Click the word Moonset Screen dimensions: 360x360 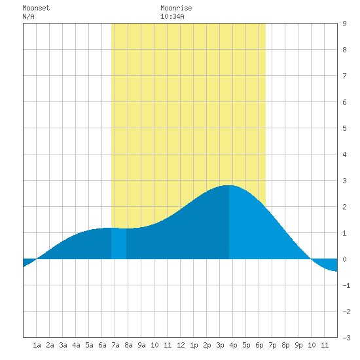click(x=36, y=9)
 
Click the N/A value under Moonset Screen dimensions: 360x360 click(x=28, y=17)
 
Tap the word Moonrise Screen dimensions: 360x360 click(x=176, y=9)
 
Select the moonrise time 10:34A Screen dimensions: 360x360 click(x=172, y=17)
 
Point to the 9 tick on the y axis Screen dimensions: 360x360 click(x=344, y=24)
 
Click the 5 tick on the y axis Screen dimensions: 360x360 click(x=344, y=128)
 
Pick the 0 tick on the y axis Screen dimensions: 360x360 click(x=344, y=259)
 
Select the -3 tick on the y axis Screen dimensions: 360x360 click(x=346, y=338)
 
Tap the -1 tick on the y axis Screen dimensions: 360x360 click(x=346, y=285)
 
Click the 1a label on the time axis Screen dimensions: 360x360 click(x=37, y=345)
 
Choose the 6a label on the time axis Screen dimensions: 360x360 click(x=102, y=345)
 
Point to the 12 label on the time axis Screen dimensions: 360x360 click(x=181, y=345)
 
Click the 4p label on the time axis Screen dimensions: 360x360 click(x=233, y=345)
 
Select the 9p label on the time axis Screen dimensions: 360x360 click(x=298, y=345)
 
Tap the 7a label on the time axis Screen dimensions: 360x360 click(x=115, y=345)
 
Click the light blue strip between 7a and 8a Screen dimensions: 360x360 click(x=118, y=243)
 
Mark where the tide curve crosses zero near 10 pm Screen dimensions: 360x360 click(x=311, y=259)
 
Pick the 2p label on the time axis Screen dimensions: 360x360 click(x=207, y=345)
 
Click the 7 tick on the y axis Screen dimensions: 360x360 click(x=344, y=76)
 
